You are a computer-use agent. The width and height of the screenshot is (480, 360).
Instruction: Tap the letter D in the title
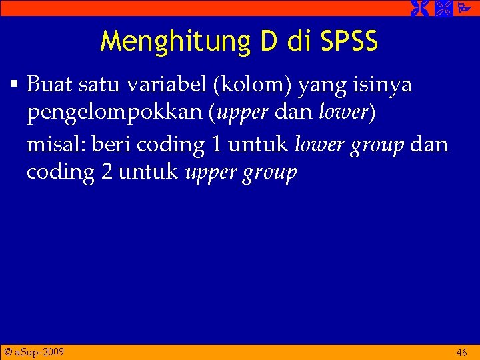[269, 41]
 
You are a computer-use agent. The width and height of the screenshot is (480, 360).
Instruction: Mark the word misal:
[56, 143]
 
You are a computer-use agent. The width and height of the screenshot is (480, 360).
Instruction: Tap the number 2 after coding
[106, 172]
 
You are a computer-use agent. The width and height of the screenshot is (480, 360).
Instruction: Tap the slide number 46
[461, 352]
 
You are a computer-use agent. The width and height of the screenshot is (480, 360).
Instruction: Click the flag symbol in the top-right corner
[461, 8]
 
